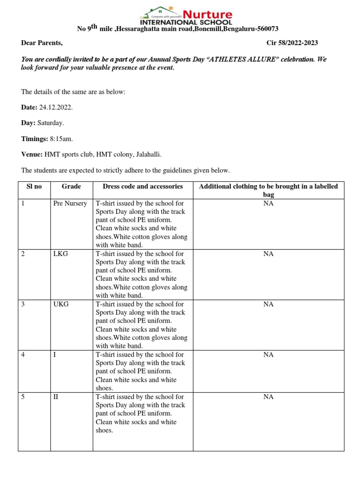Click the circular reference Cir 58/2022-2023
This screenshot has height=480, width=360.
click(292, 43)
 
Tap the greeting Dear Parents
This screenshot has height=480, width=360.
click(42, 43)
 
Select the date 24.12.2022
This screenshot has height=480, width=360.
click(56, 107)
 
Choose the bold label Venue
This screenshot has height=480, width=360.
click(31, 155)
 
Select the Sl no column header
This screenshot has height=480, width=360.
click(34, 187)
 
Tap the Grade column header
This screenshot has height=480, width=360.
click(71, 187)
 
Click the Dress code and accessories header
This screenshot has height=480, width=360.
click(142, 187)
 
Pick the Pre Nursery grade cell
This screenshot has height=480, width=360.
click(70, 203)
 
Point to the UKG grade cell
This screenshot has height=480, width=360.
click(61, 304)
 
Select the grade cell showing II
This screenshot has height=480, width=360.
click(56, 397)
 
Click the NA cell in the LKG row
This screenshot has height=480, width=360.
click(268, 254)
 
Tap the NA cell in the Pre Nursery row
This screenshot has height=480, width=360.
click(268, 203)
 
